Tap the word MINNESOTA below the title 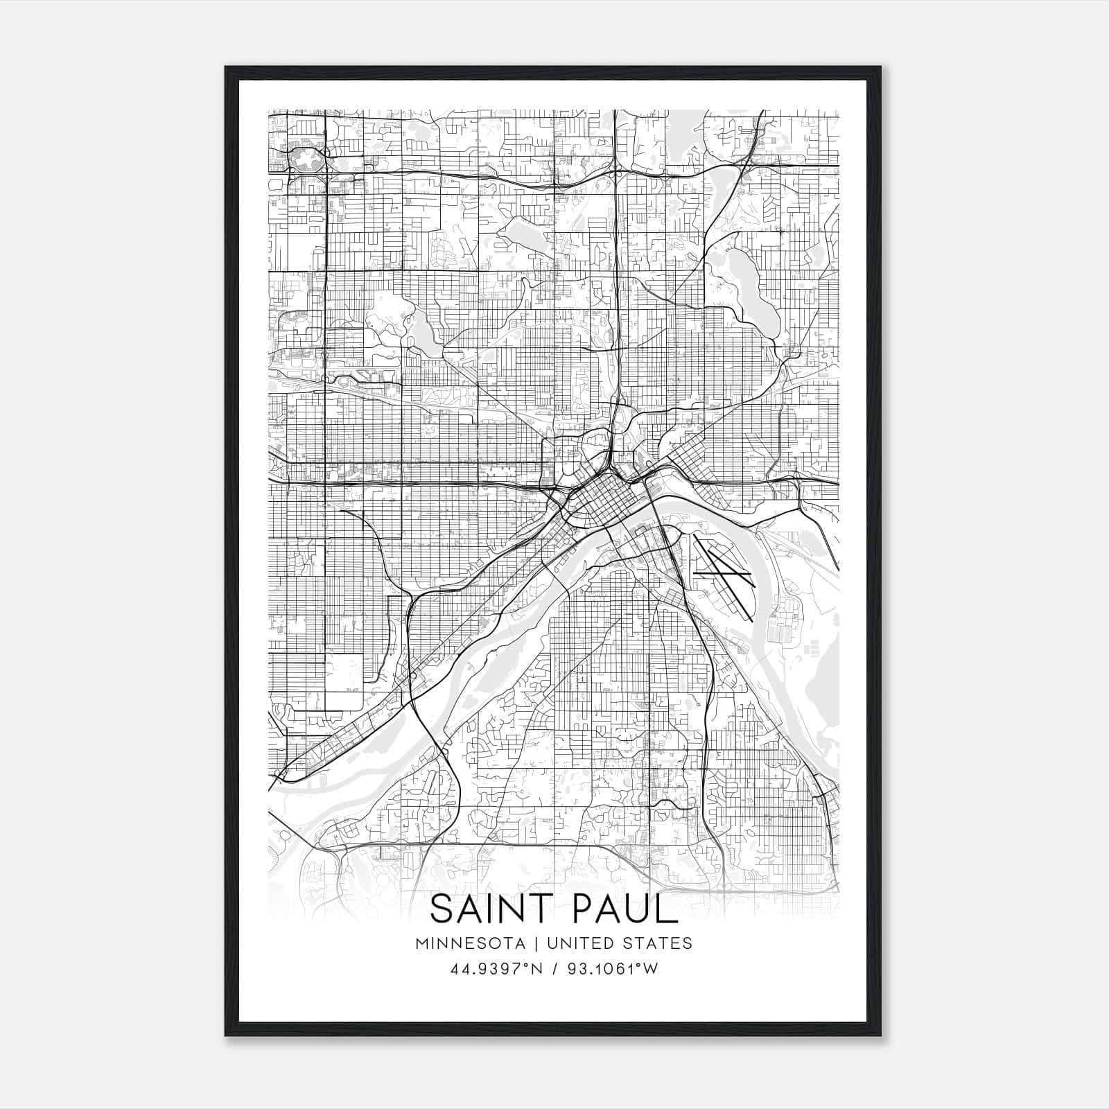pyautogui.click(x=475, y=943)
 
